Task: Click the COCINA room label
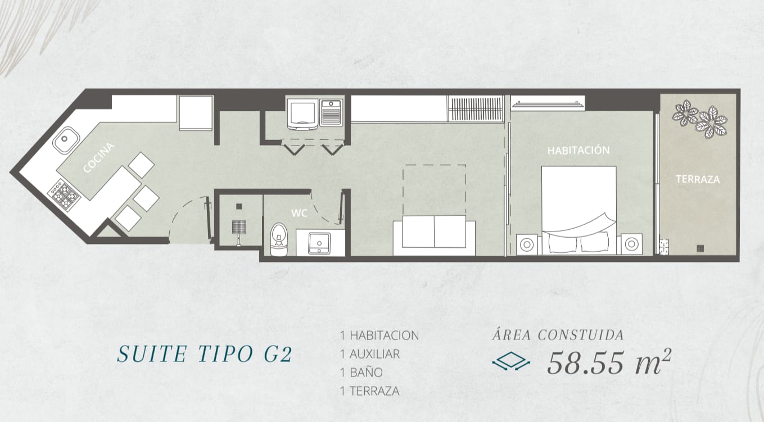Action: pyautogui.click(x=98, y=158)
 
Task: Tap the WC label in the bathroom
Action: pyautogui.click(x=299, y=214)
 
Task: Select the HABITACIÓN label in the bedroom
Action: pyautogui.click(x=578, y=151)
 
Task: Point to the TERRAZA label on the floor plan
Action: pyautogui.click(x=698, y=179)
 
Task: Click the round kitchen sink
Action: pyautogui.click(x=66, y=139)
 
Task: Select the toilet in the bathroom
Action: pyautogui.click(x=279, y=239)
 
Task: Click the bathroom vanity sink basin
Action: pyautogui.click(x=319, y=243)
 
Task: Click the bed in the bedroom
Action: pyautogui.click(x=579, y=210)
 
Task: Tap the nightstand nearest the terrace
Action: pyautogui.click(x=631, y=244)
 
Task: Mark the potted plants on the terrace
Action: pyautogui.click(x=699, y=119)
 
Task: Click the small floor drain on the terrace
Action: pyautogui.click(x=700, y=248)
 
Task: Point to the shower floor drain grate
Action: pyautogui.click(x=239, y=226)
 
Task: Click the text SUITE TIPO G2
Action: pyautogui.click(x=205, y=354)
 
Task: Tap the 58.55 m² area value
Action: pyautogui.click(x=609, y=362)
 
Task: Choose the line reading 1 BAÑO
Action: pyautogui.click(x=361, y=372)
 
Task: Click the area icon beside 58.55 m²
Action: pyautogui.click(x=511, y=361)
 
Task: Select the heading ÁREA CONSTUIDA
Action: pyautogui.click(x=558, y=334)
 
